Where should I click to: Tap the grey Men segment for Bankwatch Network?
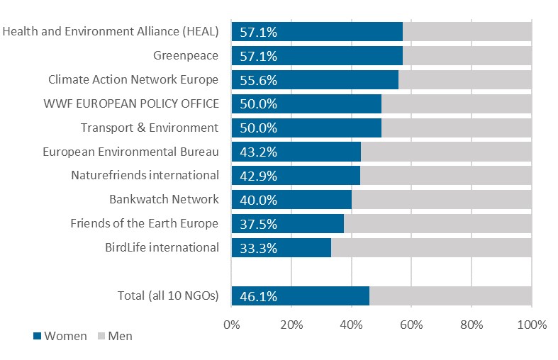coord(441,200)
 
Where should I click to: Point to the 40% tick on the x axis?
coord(352,325)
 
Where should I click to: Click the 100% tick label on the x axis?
coord(532,325)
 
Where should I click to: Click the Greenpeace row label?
coord(186,55)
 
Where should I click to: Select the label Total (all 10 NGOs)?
coord(168,296)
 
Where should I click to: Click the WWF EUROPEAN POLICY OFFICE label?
coord(130,103)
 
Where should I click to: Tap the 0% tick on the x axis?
coord(232,325)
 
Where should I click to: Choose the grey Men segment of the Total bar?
coord(450,296)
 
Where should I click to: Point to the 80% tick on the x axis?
coord(471,325)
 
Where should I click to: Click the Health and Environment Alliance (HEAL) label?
coord(111,31)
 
